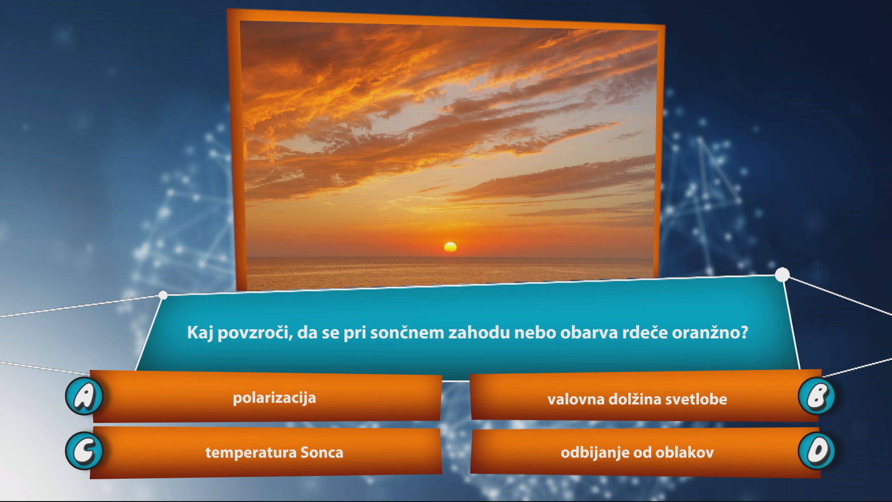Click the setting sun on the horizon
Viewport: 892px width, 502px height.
[450, 247]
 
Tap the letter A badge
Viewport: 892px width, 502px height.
[84, 396]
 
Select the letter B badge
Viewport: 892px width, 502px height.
[817, 396]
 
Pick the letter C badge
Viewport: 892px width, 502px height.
[84, 451]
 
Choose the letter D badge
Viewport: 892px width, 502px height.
[817, 451]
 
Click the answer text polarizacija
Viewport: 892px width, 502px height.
[274, 398]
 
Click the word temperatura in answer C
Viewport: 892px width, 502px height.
[250, 453]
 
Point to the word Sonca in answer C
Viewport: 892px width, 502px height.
[322, 453]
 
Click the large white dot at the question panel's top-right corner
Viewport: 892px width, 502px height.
[782, 275]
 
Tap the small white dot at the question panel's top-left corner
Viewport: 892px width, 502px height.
[163, 295]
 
